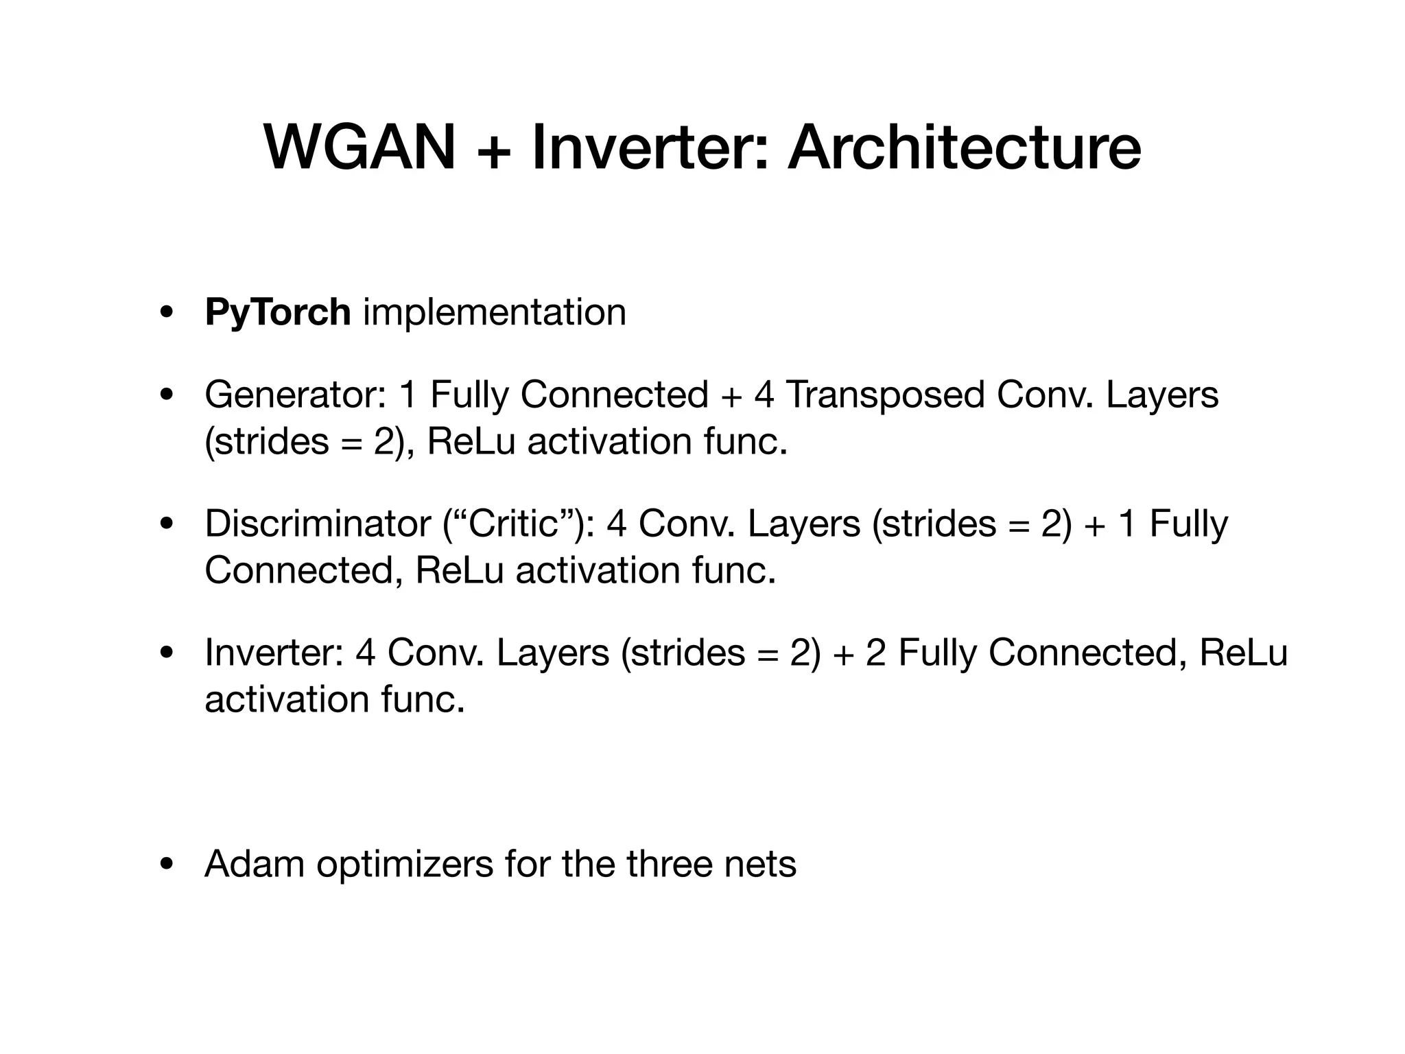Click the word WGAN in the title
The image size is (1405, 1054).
point(359,148)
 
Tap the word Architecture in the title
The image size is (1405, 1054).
point(965,148)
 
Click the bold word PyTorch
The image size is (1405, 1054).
point(278,312)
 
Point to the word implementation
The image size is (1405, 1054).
point(495,312)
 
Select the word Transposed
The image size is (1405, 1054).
point(885,395)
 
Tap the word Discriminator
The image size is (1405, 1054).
point(318,524)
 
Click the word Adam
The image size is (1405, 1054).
point(255,863)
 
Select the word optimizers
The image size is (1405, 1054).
point(405,863)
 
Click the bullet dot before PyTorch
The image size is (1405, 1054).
point(165,314)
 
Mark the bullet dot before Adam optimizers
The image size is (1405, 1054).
point(165,865)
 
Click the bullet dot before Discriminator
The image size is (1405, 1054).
point(165,525)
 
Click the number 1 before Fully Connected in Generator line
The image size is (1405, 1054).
point(408,395)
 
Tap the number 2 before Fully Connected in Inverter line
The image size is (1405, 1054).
point(875,653)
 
